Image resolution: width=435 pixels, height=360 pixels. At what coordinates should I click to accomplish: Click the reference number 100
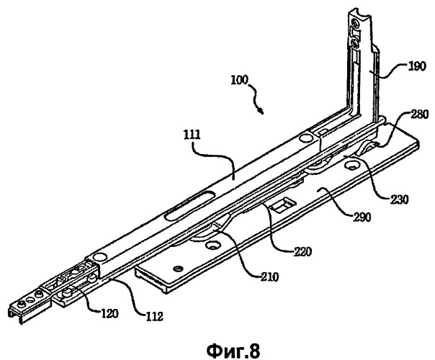point(239,80)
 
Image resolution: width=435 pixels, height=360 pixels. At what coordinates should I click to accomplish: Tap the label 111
point(192,135)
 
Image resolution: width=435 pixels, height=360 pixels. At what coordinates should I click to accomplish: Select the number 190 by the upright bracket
point(416,66)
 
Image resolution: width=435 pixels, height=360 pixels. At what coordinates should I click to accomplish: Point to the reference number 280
point(419,114)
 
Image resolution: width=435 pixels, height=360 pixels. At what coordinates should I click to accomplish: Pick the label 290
point(361,217)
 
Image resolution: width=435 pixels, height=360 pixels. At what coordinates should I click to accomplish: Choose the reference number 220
point(302,251)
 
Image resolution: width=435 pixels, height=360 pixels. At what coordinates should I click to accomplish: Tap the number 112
point(154,316)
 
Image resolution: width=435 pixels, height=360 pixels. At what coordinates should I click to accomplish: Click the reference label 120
point(109,314)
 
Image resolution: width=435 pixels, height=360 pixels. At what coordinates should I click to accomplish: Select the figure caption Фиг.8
point(233,351)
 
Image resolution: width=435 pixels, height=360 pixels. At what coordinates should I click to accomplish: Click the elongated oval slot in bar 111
point(189,204)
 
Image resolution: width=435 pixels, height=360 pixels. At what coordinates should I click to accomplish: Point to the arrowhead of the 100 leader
point(261,112)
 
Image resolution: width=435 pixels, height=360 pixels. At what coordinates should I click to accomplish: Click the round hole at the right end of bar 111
point(305,138)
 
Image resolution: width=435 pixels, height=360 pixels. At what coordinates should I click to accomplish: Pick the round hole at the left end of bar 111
point(99,257)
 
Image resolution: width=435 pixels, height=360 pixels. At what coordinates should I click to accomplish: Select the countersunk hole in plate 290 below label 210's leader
point(213,246)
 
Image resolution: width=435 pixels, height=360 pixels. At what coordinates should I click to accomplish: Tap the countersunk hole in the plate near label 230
point(351,166)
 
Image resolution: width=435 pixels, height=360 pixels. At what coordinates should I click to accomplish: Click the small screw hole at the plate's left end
point(177,269)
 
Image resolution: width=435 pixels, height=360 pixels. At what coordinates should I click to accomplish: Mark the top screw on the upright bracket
point(355,22)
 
